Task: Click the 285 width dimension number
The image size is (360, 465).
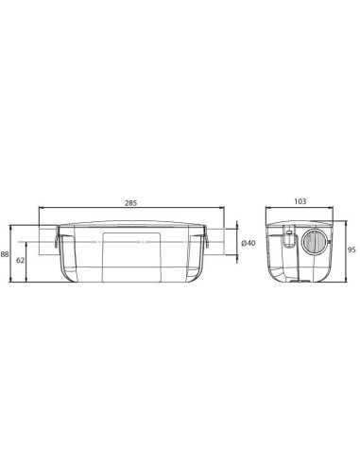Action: coord(130,203)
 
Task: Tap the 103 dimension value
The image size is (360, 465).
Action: coord(300,201)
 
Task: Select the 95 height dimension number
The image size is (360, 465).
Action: coord(351,250)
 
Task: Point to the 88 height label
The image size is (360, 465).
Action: coord(5,254)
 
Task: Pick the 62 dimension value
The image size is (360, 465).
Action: coord(20,260)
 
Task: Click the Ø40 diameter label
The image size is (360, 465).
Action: coord(249,243)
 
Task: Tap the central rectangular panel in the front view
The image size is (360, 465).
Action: coord(131,256)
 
